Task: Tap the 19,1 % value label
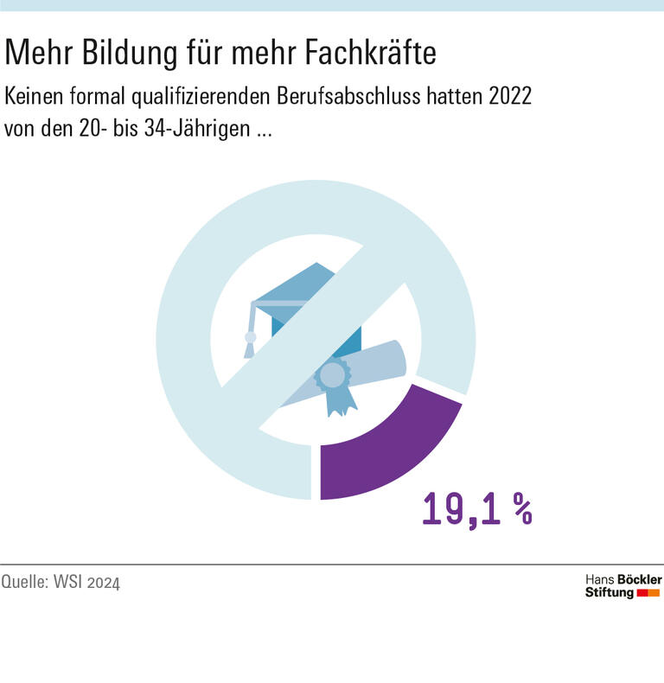(x=476, y=509)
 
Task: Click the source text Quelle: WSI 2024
(x=61, y=582)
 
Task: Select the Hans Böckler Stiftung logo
(x=622, y=585)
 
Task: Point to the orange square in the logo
(x=654, y=593)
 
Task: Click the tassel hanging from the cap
(x=250, y=341)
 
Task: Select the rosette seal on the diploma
(x=331, y=377)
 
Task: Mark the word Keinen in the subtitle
(x=31, y=96)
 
